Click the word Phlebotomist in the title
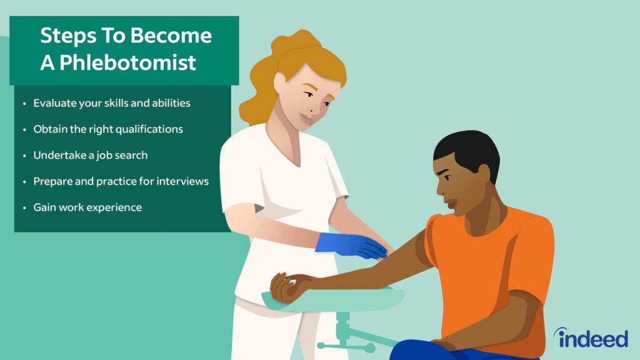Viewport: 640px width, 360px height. pyautogui.click(x=127, y=63)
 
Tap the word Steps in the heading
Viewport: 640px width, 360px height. pyautogui.click(x=67, y=36)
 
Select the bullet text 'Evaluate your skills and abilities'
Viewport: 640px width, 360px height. pyautogui.click(x=112, y=103)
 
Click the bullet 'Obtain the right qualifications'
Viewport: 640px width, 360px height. pyautogui.click(x=108, y=129)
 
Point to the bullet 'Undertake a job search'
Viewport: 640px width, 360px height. pyautogui.click(x=91, y=156)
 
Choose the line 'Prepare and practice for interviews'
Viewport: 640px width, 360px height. pyautogui.click(x=121, y=181)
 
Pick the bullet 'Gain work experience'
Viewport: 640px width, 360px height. pyautogui.click(x=87, y=207)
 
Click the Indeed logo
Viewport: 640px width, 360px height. pyautogui.click(x=591, y=338)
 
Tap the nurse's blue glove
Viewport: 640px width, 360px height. pyautogui.click(x=350, y=245)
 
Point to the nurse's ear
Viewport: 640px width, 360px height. pyautogui.click(x=280, y=84)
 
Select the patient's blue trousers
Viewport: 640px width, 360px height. pyautogui.click(x=461, y=351)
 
